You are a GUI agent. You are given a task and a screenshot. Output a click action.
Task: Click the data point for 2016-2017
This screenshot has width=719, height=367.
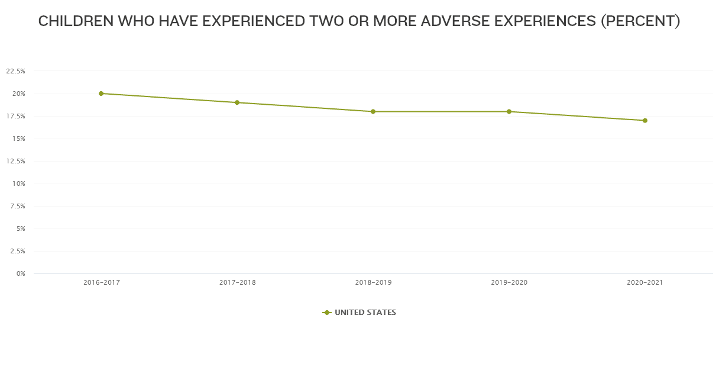[x=101, y=94]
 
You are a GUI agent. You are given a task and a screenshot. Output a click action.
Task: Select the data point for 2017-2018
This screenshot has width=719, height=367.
[x=237, y=102]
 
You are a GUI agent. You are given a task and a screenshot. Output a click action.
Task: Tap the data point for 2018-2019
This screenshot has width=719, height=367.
[x=373, y=111]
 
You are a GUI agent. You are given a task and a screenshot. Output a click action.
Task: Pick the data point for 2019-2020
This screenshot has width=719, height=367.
[x=509, y=111]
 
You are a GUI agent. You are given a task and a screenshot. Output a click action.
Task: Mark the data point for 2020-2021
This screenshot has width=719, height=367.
[x=645, y=120]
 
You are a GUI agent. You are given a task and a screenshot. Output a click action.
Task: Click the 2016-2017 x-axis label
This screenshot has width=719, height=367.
[x=102, y=283]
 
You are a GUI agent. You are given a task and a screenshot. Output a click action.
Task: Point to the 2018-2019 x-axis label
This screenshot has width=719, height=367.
[x=373, y=283]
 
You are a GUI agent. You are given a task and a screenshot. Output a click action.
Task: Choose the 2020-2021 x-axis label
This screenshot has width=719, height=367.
[x=645, y=283]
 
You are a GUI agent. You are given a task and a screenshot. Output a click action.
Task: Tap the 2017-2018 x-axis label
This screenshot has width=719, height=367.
[x=237, y=283]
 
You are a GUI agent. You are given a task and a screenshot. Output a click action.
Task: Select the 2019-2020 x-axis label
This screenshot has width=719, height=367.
[x=509, y=283]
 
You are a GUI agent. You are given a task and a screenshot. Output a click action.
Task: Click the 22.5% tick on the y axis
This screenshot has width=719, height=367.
[x=15, y=71]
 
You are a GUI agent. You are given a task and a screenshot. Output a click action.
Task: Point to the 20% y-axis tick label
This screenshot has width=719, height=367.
[x=19, y=94]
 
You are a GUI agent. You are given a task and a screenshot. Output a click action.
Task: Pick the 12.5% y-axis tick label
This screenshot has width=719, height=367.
[x=15, y=161]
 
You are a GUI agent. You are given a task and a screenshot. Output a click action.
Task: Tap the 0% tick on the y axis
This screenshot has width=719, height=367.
[x=21, y=273]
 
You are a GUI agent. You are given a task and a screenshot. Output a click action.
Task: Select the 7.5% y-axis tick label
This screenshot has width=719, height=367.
[x=17, y=206]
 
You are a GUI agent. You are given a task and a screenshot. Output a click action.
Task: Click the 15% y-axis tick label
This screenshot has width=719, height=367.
[x=19, y=139]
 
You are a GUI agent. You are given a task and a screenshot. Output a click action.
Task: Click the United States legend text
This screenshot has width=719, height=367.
[x=365, y=313]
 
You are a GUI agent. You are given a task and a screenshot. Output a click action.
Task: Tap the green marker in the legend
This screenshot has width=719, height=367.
[x=326, y=313]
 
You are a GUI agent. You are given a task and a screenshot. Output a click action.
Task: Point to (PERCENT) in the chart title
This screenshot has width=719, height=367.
[x=640, y=21]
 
